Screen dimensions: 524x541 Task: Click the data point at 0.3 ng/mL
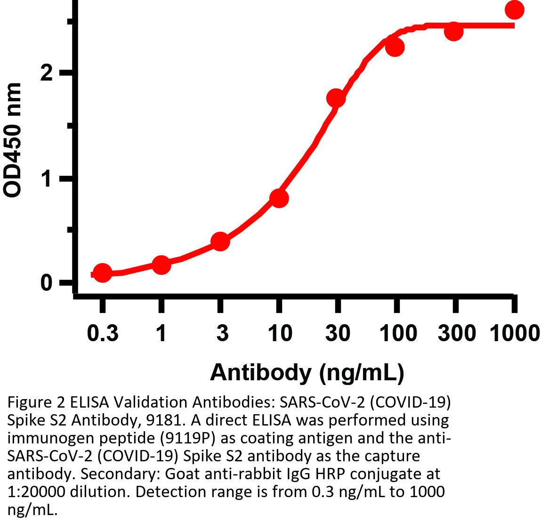(x=102, y=273)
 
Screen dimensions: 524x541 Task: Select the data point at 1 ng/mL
(x=161, y=265)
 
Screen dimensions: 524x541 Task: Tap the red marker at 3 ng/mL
(x=220, y=242)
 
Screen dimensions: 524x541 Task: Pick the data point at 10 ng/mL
(x=279, y=198)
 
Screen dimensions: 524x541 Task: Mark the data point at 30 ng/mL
(x=336, y=98)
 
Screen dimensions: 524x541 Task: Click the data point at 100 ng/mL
(x=395, y=47)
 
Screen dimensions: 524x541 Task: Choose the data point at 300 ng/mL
(x=453, y=32)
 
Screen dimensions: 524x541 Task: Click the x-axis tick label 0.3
(x=103, y=334)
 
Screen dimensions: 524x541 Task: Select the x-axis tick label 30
(x=338, y=334)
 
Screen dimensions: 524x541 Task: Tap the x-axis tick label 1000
(x=514, y=334)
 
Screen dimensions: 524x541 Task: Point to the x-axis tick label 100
(x=398, y=334)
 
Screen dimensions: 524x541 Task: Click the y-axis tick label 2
(x=46, y=73)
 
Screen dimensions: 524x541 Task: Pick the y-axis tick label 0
(x=46, y=283)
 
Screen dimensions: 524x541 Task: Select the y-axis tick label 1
(x=46, y=179)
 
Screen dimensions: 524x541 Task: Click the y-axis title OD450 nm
(x=13, y=140)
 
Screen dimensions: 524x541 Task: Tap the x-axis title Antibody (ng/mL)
(x=307, y=372)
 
